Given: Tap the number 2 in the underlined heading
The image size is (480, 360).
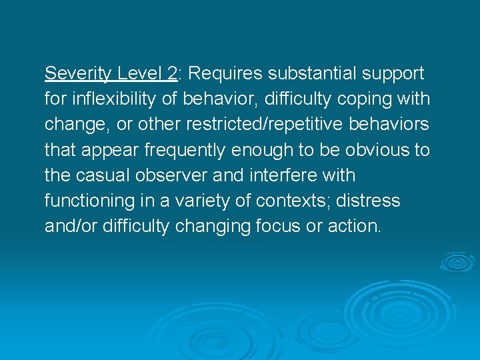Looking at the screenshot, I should (171, 73).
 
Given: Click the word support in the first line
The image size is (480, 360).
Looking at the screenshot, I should (393, 73).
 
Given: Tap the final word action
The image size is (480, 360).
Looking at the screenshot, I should (355, 226).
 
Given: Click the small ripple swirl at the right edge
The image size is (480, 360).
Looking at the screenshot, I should (457, 261).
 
